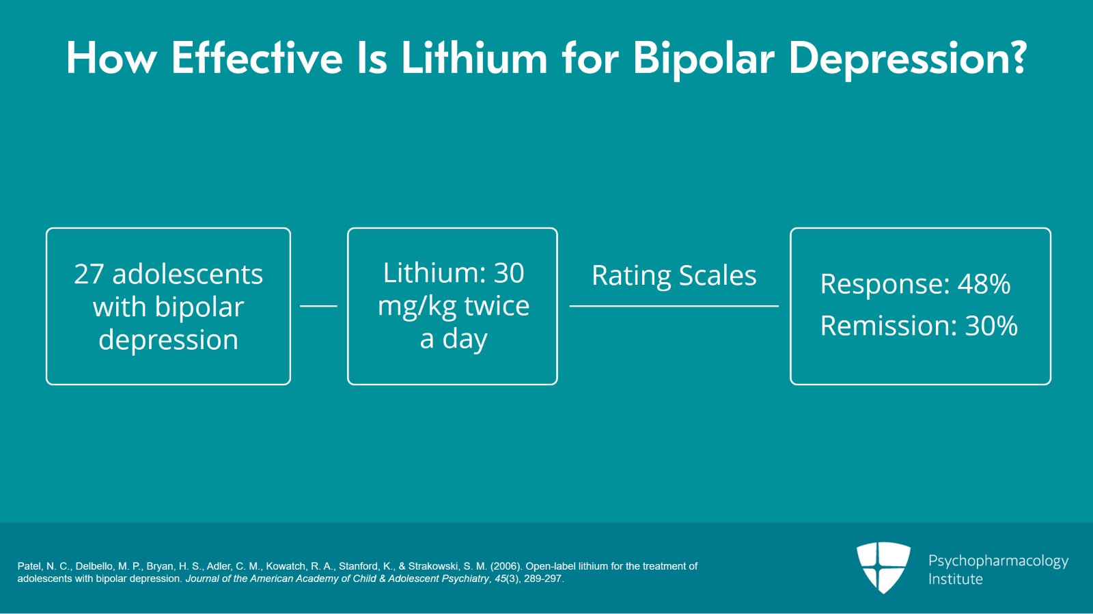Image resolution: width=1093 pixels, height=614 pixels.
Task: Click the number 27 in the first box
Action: [89, 275]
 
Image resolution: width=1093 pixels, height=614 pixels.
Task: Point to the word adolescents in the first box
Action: [187, 275]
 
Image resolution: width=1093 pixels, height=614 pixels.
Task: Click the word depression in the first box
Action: [168, 340]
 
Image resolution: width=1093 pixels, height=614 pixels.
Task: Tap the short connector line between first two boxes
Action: [318, 306]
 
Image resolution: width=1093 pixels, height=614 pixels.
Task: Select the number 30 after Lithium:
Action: [508, 273]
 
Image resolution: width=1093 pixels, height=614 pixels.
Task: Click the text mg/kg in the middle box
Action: [417, 307]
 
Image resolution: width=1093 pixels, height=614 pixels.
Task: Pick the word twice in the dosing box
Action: [497, 306]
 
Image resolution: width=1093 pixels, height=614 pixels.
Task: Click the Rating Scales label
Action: [674, 276]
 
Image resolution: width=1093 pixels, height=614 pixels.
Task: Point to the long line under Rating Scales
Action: [674, 306]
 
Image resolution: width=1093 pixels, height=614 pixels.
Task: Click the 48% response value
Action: [984, 284]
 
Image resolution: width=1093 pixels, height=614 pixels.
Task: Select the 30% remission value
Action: [991, 326]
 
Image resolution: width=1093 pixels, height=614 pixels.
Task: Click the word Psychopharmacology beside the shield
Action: [998, 561]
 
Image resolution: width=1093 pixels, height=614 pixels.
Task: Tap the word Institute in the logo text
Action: [955, 579]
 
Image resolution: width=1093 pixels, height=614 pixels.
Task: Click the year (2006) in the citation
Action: [506, 566]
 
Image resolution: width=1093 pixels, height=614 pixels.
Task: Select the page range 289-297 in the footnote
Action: [542, 578]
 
